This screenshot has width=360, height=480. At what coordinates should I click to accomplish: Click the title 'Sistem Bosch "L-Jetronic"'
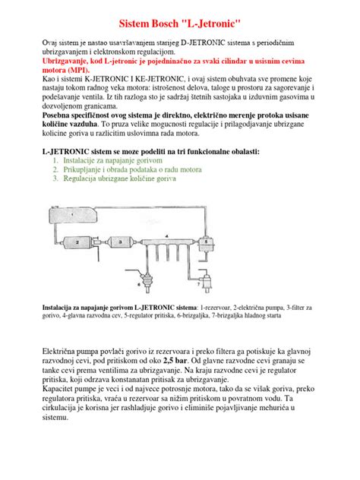coord(179,25)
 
